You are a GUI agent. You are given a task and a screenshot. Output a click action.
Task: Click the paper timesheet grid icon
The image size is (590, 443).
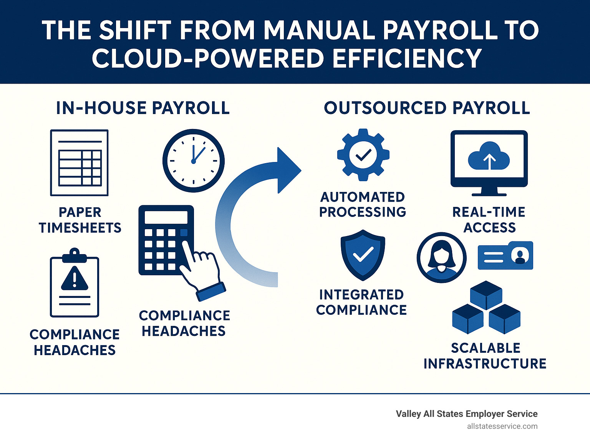(x=80, y=163)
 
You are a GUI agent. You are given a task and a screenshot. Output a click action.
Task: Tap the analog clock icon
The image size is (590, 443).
(x=193, y=160)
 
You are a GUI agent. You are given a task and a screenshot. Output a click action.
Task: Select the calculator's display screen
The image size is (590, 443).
(x=166, y=217)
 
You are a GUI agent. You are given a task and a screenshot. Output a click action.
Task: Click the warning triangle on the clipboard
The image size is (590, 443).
(x=75, y=278)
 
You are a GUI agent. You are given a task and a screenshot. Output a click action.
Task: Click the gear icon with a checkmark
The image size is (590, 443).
(x=363, y=155)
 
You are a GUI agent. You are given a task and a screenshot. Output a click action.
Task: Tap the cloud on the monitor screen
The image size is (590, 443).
(x=489, y=156)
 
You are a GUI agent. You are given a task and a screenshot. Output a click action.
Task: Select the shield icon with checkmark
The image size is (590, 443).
(x=363, y=255)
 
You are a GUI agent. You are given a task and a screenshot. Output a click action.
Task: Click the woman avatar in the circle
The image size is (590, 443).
(x=442, y=257)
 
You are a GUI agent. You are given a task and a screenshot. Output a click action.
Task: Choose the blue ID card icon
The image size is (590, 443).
(x=505, y=255)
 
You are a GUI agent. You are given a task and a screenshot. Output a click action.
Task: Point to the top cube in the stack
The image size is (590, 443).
(x=486, y=295)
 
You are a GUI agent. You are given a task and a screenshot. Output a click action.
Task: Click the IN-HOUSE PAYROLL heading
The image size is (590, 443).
(x=143, y=108)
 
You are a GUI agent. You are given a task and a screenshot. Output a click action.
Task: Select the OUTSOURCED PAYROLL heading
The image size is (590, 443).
(x=427, y=108)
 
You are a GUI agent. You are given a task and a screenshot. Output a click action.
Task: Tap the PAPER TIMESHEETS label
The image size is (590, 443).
(x=80, y=220)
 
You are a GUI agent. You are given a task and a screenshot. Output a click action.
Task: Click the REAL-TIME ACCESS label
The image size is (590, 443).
(x=489, y=220)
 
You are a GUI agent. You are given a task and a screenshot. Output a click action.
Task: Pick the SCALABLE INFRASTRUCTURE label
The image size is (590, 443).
(x=485, y=356)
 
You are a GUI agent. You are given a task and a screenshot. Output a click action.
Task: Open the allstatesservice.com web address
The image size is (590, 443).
(x=502, y=426)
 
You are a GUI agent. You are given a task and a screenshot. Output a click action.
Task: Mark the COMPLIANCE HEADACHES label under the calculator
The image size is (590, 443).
(x=184, y=323)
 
